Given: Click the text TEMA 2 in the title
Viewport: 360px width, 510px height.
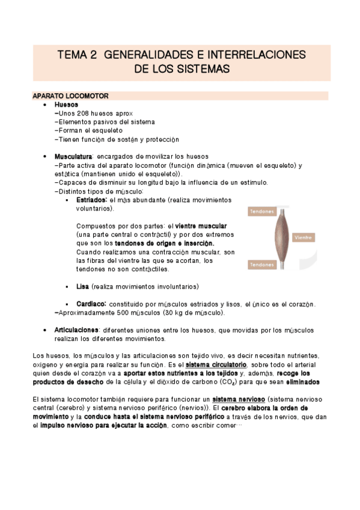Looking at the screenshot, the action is click(x=77, y=55).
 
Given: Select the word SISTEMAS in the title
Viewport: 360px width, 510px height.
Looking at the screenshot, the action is click(x=201, y=70).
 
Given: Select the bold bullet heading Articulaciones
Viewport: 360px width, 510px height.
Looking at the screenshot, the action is click(x=76, y=330).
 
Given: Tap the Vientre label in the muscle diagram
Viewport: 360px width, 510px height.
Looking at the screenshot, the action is click(x=303, y=238).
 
